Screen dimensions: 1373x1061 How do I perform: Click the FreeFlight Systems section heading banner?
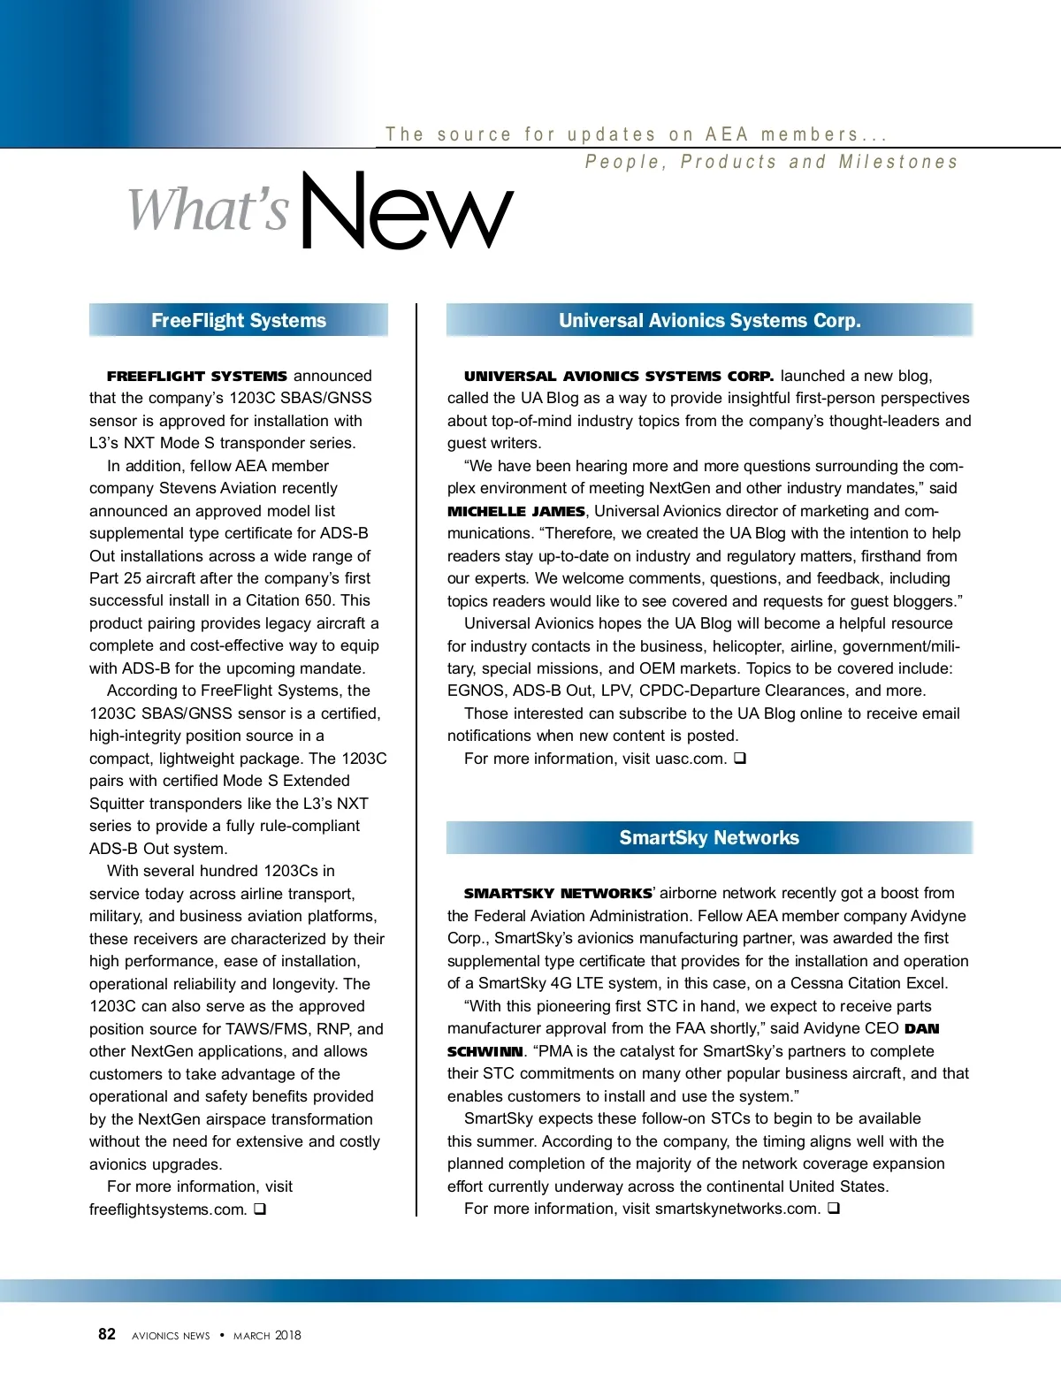tap(239, 320)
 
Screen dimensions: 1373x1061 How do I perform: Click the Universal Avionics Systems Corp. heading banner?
tap(709, 320)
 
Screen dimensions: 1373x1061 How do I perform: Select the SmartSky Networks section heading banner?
tap(709, 837)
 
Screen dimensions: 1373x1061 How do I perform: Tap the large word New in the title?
tap(407, 211)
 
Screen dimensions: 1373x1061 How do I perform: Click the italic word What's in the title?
tap(209, 210)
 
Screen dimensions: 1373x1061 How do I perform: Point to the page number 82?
tap(107, 1334)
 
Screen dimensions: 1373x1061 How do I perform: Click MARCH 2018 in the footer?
tap(267, 1335)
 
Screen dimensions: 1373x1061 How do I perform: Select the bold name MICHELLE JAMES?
tap(516, 511)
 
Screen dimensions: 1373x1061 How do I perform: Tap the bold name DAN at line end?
tap(921, 1028)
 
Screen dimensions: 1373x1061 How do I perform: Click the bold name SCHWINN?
tap(485, 1051)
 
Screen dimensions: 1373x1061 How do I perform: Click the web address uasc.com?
tap(691, 759)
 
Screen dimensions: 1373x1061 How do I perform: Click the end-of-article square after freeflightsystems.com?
tap(260, 1209)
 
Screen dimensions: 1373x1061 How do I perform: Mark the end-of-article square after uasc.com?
tap(740, 758)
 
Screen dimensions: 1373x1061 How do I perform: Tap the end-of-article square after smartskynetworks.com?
tap(834, 1208)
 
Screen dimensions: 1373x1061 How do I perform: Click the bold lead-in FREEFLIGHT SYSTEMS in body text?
tap(196, 376)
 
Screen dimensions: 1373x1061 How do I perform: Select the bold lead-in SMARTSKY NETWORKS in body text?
tap(558, 893)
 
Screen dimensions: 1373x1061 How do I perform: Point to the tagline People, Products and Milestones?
tap(772, 162)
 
